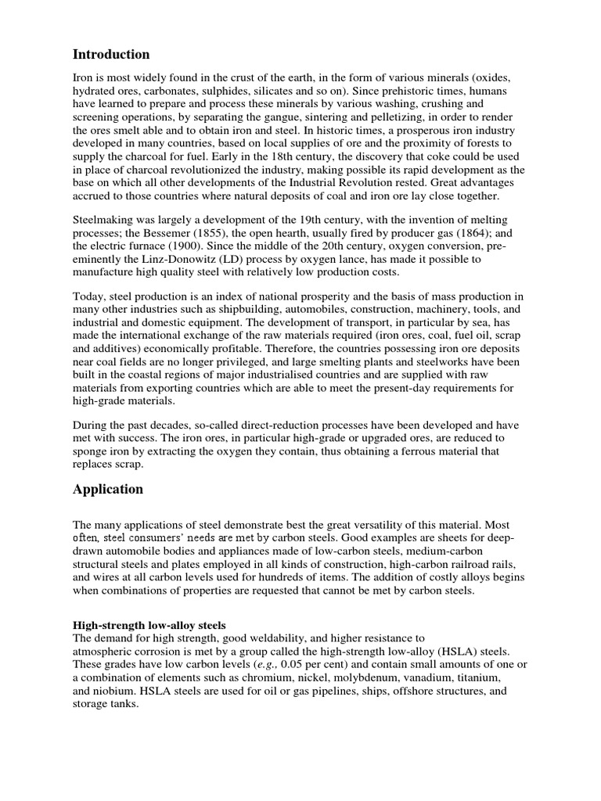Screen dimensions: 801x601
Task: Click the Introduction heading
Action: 111,55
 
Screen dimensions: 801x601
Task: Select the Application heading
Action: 108,490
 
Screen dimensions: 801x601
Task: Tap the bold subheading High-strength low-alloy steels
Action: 149,626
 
